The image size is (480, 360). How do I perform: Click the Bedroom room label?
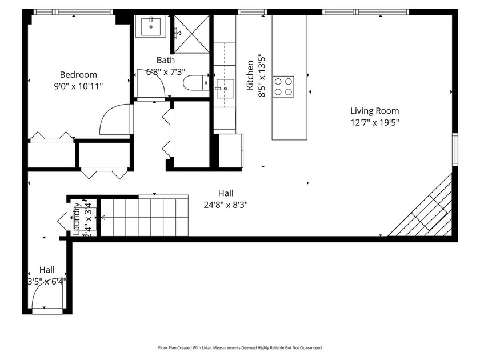pos(79,74)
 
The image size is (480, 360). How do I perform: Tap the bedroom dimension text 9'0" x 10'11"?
pos(79,86)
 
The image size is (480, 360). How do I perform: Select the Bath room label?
pos(166,60)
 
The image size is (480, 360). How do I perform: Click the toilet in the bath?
pos(198,83)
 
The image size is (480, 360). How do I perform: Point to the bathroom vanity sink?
pos(151,25)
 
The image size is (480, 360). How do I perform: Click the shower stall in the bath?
pos(191,33)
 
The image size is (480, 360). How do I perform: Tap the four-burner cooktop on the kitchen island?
pos(283,86)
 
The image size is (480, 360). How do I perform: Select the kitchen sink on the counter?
pos(225,87)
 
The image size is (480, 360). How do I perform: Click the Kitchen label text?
pos(250,75)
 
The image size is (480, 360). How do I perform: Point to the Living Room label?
pos(374,111)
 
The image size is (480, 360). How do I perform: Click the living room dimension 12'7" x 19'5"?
pos(374,122)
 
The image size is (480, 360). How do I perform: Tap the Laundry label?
pos(77,218)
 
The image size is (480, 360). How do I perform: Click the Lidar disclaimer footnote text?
pos(240,347)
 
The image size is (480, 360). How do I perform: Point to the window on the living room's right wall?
pos(455,149)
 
